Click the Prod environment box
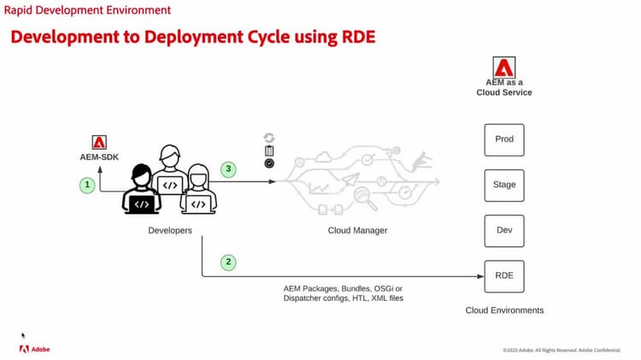click(x=504, y=139)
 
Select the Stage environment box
click(x=504, y=185)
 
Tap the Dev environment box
click(x=504, y=230)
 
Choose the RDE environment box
click(x=504, y=276)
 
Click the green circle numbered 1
click(x=86, y=184)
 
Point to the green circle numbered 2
click(x=227, y=263)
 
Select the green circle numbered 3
click(x=227, y=169)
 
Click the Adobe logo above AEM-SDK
click(x=98, y=143)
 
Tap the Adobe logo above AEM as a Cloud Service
click(x=504, y=68)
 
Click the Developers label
click(x=171, y=231)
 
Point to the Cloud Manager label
click(x=357, y=231)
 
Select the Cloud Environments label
click(x=504, y=310)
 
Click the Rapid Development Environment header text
click(x=87, y=10)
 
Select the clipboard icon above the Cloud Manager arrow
click(x=269, y=150)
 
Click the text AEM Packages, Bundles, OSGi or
click(x=343, y=288)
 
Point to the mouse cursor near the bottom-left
click(x=23, y=335)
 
